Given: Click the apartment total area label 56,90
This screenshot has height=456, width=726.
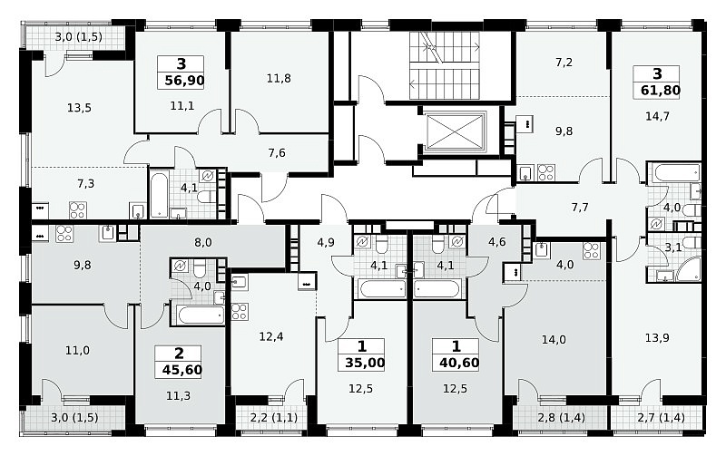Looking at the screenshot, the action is click(184, 81).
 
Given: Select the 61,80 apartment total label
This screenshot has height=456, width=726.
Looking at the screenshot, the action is click(661, 90).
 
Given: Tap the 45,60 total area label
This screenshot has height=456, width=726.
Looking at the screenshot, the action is click(182, 370).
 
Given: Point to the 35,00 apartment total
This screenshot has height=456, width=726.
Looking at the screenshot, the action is click(365, 363).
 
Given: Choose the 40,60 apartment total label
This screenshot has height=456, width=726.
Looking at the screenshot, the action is click(459, 363).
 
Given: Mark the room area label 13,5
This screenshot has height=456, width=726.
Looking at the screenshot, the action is click(79, 108).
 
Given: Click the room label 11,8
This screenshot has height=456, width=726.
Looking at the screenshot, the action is click(279, 79).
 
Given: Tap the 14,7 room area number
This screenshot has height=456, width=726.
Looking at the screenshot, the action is click(657, 116).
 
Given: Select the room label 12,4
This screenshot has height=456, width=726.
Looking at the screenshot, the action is click(271, 336).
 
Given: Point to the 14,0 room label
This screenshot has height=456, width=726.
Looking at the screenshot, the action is click(554, 340).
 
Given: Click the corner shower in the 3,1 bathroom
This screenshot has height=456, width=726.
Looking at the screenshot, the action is click(689, 269).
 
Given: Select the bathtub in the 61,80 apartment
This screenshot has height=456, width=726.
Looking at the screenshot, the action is click(673, 174).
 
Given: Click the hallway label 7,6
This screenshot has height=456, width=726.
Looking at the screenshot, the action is click(277, 153).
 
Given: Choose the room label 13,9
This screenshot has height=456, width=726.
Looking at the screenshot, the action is click(657, 338).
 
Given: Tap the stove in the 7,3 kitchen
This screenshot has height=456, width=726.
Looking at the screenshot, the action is click(78, 210).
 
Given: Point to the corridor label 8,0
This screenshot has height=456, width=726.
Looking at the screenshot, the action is click(203, 242).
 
